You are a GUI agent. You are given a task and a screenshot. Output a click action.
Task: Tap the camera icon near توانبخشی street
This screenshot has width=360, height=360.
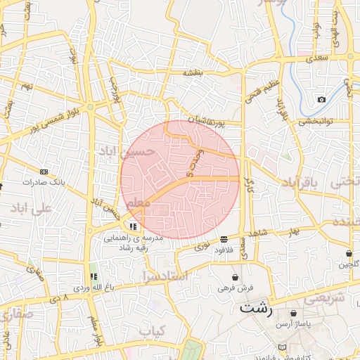[x=321, y=100]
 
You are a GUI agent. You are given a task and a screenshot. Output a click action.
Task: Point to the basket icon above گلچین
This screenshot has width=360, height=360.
[x=349, y=253]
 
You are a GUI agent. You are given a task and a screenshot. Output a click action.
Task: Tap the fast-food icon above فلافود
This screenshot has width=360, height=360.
[x=224, y=239]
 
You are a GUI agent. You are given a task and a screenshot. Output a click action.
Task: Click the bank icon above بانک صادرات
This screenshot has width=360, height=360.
[x=44, y=172]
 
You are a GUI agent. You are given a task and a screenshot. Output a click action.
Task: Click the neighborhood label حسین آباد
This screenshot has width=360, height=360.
[x=126, y=151]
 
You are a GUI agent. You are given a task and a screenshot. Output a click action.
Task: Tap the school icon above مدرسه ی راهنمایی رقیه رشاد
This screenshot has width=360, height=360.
[x=133, y=226]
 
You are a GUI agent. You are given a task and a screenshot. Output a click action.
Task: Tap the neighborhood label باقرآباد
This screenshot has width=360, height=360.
[x=300, y=183]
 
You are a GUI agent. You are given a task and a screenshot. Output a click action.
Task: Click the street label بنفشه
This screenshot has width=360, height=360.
[x=193, y=72]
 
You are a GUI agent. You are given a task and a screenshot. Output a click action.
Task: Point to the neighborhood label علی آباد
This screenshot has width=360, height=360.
[x=32, y=209]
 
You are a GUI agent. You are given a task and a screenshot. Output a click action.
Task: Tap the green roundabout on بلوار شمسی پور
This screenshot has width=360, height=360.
[x=90, y=107]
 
